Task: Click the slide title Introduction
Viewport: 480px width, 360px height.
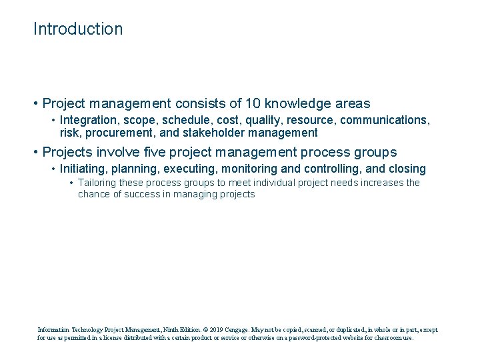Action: pyautogui.click(x=78, y=29)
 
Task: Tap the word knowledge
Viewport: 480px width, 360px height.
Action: pyautogui.click(x=297, y=104)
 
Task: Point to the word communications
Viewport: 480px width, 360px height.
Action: pyautogui.click(x=387, y=120)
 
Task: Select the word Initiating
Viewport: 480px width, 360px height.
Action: pyautogui.click(x=83, y=169)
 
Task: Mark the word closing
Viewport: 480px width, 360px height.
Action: pyautogui.click(x=402, y=169)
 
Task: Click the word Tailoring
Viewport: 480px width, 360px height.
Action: pyautogui.click(x=100, y=183)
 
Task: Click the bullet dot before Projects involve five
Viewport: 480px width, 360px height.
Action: pyautogui.click(x=36, y=152)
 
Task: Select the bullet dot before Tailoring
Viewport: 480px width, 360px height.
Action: pyautogui.click(x=71, y=183)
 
